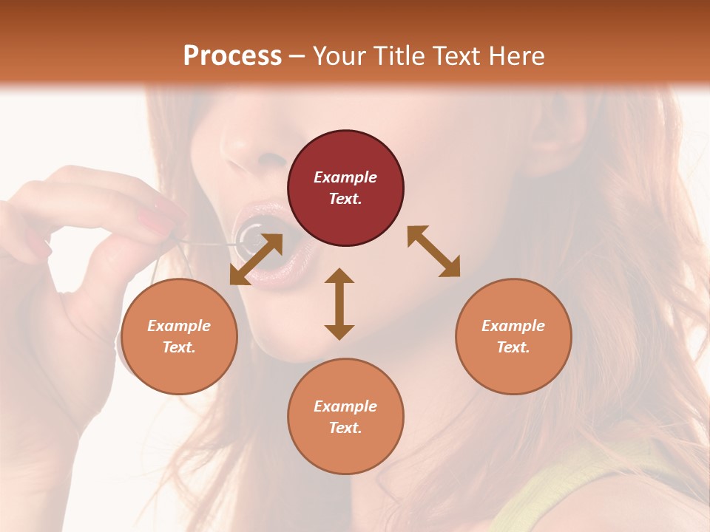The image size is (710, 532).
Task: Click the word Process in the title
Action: coord(232,56)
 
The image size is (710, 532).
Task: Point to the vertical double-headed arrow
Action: coord(339,304)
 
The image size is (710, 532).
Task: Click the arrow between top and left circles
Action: coord(256,259)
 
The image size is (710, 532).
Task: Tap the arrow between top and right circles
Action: coord(433,251)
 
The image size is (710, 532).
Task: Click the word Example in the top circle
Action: coord(345,177)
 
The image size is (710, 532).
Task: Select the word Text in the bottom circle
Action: coord(345,428)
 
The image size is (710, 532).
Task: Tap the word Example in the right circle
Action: coord(513,326)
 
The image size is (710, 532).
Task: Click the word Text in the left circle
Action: coord(179,347)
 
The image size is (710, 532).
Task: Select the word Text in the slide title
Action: coord(456,56)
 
